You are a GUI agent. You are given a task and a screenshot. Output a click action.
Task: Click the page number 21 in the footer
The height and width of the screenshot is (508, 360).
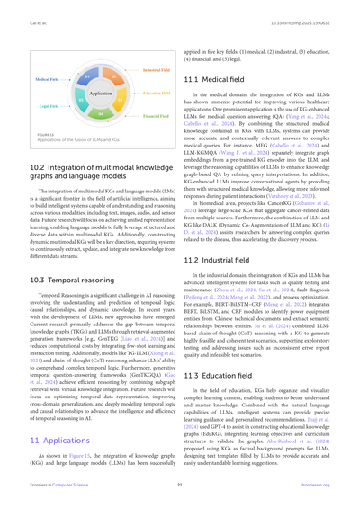[x=180, y=494]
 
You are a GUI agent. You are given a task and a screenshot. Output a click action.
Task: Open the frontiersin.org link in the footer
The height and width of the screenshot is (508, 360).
[x=327, y=494]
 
